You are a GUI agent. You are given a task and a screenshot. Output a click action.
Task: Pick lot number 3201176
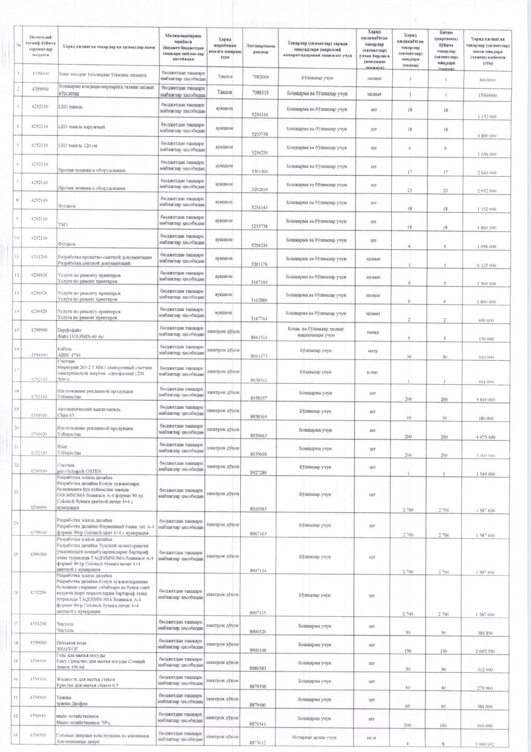tap(259, 264)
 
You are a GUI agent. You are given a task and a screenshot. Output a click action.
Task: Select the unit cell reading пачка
tap(372, 331)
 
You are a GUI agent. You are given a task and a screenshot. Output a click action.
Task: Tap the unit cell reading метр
tap(372, 351)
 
